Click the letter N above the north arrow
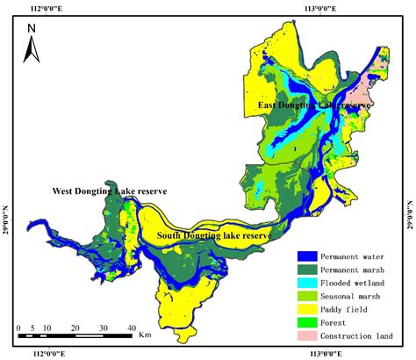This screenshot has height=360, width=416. click(x=31, y=28)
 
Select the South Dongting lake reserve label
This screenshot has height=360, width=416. click(x=213, y=235)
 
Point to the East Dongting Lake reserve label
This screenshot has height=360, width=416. click(x=313, y=104)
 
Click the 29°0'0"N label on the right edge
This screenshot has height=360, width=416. click(x=409, y=215)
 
